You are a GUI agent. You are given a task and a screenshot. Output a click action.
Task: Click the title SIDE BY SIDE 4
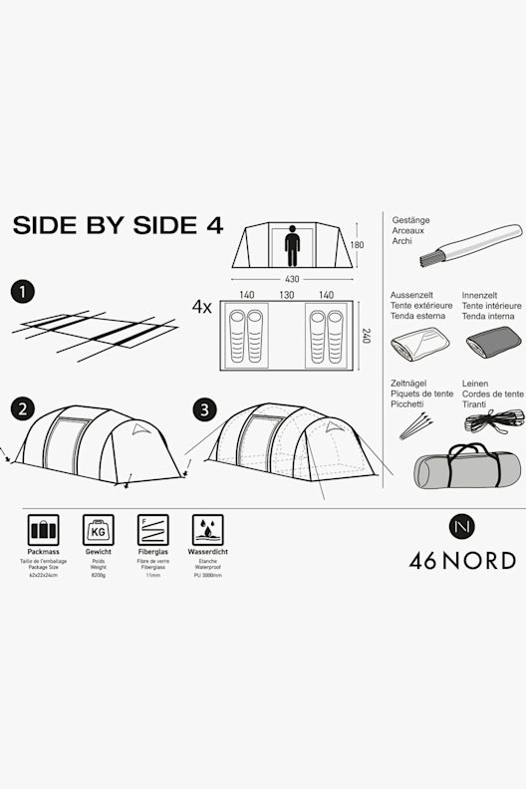(x=118, y=225)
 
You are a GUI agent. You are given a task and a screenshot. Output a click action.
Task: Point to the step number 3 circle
(x=203, y=408)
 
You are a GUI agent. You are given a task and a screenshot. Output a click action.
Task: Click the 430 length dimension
(x=292, y=279)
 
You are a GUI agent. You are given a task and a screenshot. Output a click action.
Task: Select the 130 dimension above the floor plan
(x=287, y=295)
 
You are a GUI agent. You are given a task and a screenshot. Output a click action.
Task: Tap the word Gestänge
(x=410, y=219)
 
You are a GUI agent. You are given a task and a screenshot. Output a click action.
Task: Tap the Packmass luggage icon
(x=43, y=529)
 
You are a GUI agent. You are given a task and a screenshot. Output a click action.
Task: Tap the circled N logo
(x=462, y=524)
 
